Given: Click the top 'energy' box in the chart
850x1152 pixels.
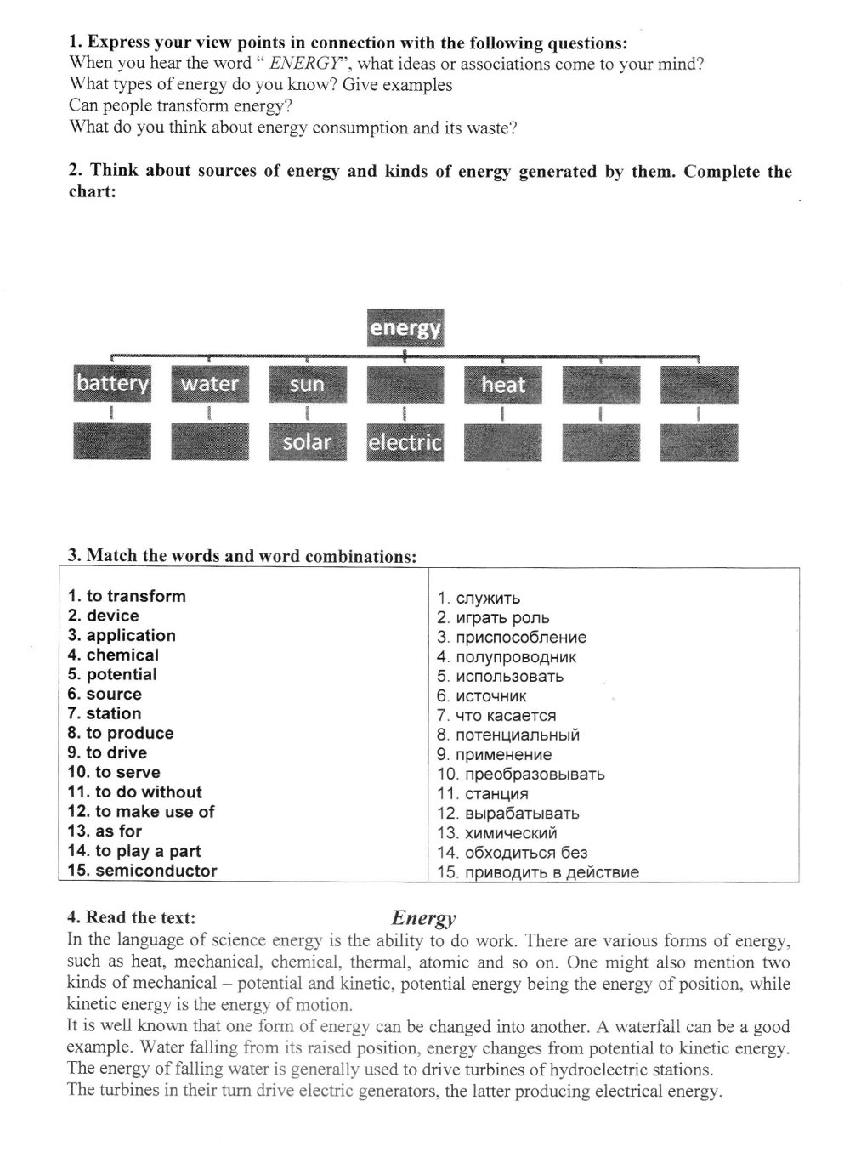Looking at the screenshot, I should click(405, 327).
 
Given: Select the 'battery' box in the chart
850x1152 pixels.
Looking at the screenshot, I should click(112, 383).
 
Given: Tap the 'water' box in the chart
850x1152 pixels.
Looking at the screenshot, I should click(209, 383).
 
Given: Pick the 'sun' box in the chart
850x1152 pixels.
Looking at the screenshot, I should click(307, 384).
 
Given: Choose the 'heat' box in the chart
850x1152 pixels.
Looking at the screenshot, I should click(502, 384).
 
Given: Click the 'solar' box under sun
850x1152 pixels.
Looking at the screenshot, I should click(307, 442).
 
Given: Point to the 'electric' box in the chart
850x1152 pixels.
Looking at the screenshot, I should click(405, 442).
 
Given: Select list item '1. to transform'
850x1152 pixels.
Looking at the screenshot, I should click(127, 596).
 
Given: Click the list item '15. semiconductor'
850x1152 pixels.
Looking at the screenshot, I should click(143, 871).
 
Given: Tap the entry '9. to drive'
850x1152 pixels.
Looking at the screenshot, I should click(107, 752).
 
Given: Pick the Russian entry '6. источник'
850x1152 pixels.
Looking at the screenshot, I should click(482, 696).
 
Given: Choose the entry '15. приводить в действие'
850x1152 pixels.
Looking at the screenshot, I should click(538, 872).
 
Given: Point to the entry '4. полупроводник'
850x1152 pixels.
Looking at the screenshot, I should click(507, 657).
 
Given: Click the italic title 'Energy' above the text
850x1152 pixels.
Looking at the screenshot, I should click(424, 918).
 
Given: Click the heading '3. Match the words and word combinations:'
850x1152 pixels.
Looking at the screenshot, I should click(242, 557).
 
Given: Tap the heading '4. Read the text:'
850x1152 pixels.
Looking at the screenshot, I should click(132, 917).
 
